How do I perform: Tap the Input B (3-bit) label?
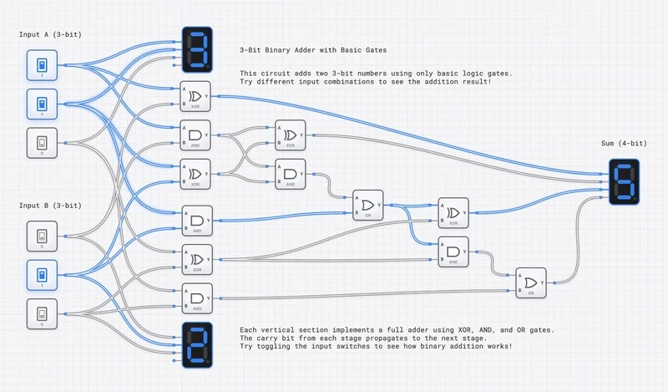pyautogui.click(x=50, y=205)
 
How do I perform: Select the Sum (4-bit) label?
pyautogui.click(x=620, y=144)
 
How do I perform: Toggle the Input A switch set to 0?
pyautogui.click(x=42, y=141)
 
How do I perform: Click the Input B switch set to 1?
pyautogui.click(x=42, y=274)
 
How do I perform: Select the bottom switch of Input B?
pyautogui.click(x=42, y=314)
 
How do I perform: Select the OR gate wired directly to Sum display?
pyautogui.click(x=530, y=283)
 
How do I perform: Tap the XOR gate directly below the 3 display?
pyautogui.click(x=197, y=95)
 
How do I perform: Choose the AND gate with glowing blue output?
pyautogui.click(x=197, y=220)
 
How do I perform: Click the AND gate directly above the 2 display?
pyautogui.click(x=197, y=298)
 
